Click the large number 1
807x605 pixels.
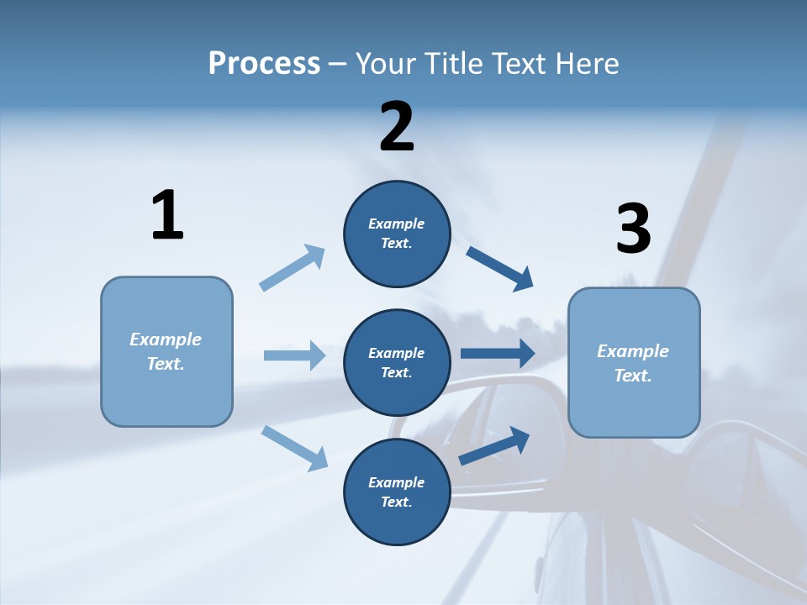tap(167, 215)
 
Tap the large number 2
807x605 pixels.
tap(397, 127)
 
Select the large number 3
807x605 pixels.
tap(633, 229)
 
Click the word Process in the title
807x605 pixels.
tap(264, 63)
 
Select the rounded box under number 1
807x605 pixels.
tap(166, 351)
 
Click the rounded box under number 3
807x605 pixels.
tap(634, 362)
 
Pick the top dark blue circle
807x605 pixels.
tap(397, 234)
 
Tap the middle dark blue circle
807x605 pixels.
tap(397, 362)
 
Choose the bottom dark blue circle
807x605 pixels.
tap(397, 492)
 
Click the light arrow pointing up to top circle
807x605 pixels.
tap(293, 268)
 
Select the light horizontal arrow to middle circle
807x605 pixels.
tap(294, 355)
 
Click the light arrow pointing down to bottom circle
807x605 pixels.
tap(294, 447)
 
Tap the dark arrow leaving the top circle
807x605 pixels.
tap(500, 268)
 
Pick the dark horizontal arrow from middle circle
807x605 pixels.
tap(497, 353)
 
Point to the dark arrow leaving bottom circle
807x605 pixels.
tap(495, 445)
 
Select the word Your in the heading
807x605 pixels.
tap(383, 63)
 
